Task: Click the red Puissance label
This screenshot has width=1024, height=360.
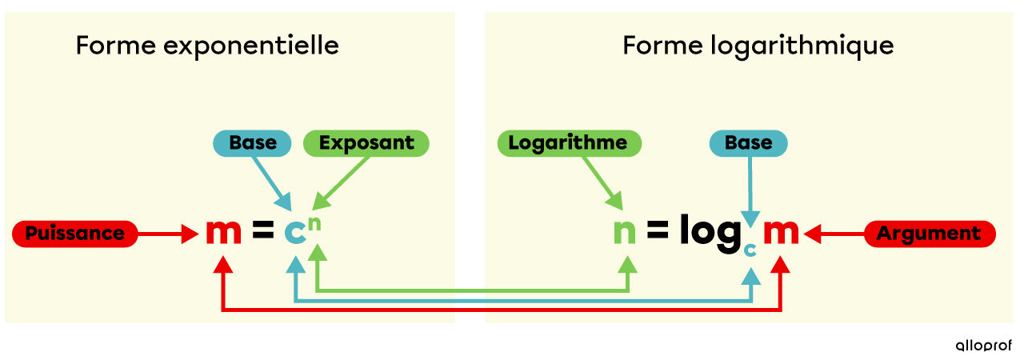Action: (x=75, y=234)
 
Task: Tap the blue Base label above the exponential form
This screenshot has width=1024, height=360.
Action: (x=253, y=143)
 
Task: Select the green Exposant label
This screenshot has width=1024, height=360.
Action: (x=366, y=143)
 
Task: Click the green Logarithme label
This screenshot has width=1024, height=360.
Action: (x=569, y=143)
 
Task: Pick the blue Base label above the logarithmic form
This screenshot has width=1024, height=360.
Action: (x=749, y=143)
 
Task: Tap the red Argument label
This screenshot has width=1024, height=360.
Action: (x=929, y=234)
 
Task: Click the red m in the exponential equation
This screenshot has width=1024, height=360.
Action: (x=223, y=232)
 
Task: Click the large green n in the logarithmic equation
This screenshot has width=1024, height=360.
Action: (x=625, y=232)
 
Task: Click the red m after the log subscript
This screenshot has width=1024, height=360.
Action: (x=781, y=232)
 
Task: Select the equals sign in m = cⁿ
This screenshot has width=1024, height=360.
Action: (x=262, y=232)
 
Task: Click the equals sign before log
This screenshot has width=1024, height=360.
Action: (x=657, y=232)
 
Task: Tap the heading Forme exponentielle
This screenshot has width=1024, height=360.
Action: (x=207, y=46)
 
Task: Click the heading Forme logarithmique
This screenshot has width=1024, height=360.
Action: (x=758, y=46)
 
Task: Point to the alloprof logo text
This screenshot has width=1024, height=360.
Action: (x=983, y=346)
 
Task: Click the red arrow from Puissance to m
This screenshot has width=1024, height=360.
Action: (x=168, y=234)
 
